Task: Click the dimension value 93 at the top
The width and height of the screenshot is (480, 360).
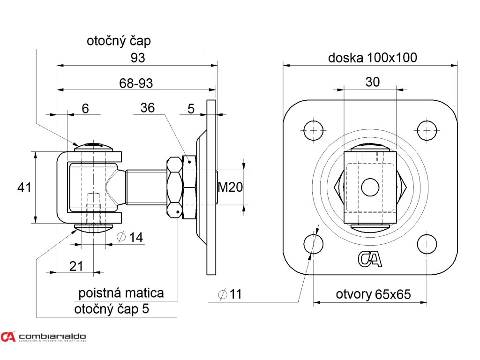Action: point(138,58)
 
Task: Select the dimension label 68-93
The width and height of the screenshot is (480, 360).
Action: point(136,83)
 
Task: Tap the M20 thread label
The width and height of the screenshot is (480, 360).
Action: point(230,187)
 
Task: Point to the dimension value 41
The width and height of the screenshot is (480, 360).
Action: point(24,187)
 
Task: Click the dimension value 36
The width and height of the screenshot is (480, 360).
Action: point(147,108)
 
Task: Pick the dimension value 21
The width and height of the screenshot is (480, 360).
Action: point(76,266)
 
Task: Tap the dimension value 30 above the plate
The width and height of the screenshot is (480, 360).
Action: point(372,82)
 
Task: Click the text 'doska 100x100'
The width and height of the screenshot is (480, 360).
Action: point(372,58)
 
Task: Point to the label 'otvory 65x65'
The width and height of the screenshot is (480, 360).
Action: point(373,294)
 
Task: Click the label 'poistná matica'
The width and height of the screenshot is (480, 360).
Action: point(121,293)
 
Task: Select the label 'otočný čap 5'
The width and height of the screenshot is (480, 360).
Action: point(112,309)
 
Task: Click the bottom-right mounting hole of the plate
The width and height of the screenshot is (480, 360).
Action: point(427,244)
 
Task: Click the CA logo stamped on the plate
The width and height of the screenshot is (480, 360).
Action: point(370,259)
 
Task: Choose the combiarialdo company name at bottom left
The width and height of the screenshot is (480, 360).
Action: point(52,336)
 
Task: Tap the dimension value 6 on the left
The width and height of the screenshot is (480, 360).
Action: point(85,108)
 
